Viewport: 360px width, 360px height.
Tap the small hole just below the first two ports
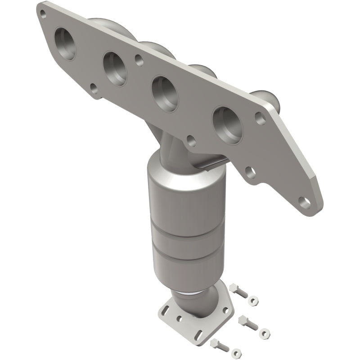(94, 86)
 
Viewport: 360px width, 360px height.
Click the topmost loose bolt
(239, 290)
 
